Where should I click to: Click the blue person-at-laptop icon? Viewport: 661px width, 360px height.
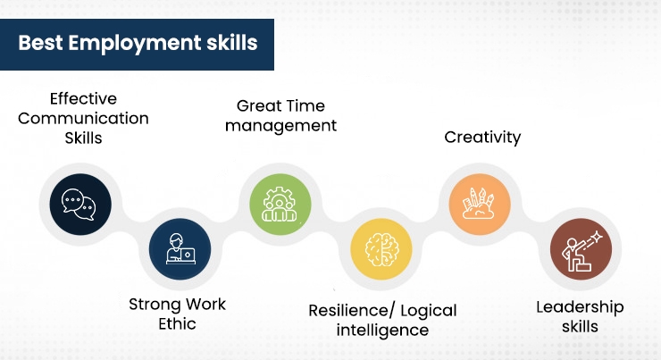coord(180,248)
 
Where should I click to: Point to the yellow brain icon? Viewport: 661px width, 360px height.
coord(381,248)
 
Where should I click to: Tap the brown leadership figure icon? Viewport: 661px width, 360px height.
coord(581,248)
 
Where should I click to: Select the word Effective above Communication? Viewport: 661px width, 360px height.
coord(83,98)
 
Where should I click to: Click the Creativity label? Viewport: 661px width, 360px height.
coord(482,138)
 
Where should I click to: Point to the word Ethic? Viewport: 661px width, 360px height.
coord(176,323)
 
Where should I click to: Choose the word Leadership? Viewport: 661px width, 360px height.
coord(580,307)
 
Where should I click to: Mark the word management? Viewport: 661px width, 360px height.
coord(280,126)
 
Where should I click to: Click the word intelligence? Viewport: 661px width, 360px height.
coord(382,331)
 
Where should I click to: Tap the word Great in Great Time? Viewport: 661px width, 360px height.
coord(255,106)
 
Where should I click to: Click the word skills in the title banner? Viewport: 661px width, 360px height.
coord(230,44)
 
